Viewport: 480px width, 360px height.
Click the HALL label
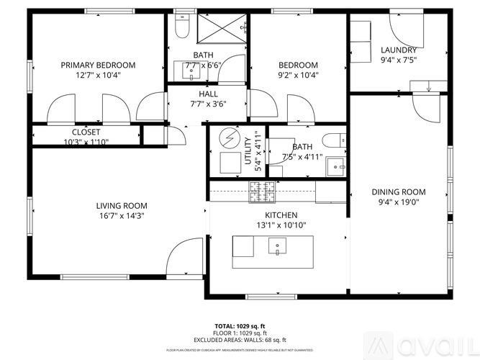click(208, 94)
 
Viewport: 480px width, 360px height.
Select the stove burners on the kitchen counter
click(260, 192)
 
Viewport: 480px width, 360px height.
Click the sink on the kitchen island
click(277, 247)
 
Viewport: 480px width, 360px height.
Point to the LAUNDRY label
click(399, 50)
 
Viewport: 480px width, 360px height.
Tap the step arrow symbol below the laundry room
click(427, 87)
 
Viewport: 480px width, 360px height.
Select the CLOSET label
click(86, 132)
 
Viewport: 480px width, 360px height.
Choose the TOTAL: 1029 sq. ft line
click(240, 325)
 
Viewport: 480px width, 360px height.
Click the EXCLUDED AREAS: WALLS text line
click(240, 340)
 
